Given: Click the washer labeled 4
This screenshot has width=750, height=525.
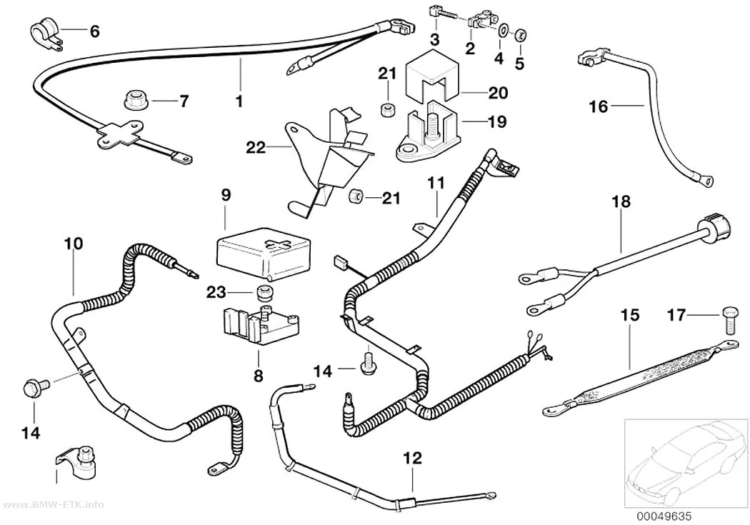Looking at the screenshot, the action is coord(503,31).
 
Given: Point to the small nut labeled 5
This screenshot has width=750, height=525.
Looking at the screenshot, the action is coord(521,34).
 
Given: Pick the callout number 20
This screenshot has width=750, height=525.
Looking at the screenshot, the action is coord(498,92).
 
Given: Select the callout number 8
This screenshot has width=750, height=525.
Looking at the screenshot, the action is coord(259,375).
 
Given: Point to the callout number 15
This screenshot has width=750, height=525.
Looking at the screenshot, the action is coord(630,315).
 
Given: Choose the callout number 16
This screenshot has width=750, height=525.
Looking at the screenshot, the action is coord(598,106).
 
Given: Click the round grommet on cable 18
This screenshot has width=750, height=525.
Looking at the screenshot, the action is coord(716,228).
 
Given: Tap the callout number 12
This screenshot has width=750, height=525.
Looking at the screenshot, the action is coord(413,458).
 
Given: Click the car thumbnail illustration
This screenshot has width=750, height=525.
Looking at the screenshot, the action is coord(686,464).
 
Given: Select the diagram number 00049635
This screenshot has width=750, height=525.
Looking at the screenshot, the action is coord(664,516).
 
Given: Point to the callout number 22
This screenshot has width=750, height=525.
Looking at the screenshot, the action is coord(256,147).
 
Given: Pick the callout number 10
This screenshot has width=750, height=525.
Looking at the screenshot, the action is coord(74,244).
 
